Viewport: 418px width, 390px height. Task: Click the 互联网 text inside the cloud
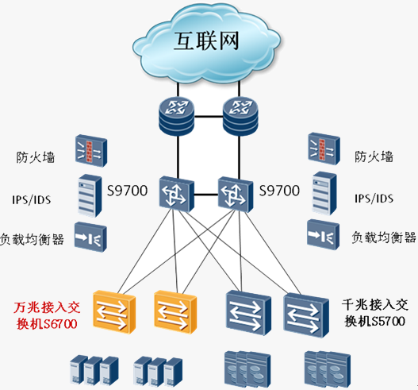pyautogui.click(x=206, y=41)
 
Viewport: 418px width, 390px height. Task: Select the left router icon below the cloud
pyautogui.click(x=176, y=116)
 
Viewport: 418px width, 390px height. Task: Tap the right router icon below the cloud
pyautogui.click(x=240, y=116)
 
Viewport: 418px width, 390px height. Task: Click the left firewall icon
pyautogui.click(x=91, y=151)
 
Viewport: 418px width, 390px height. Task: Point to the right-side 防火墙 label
pyautogui.click(x=374, y=156)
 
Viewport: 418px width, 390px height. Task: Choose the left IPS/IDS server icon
pyautogui.click(x=90, y=195)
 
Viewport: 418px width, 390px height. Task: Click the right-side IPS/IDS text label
pyautogui.click(x=374, y=199)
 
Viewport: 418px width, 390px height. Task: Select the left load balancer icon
pyautogui.click(x=90, y=237)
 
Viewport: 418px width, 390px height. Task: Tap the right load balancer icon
pyautogui.click(x=323, y=234)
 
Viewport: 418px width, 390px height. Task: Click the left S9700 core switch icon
pyautogui.click(x=176, y=194)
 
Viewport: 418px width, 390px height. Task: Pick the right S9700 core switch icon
pyautogui.click(x=236, y=195)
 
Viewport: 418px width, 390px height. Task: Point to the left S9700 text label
pyautogui.click(x=127, y=191)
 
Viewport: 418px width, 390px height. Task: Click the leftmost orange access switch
pyautogui.click(x=114, y=312)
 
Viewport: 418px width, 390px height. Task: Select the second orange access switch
pyautogui.click(x=175, y=312)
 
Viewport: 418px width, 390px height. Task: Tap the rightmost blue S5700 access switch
pyautogui.click(x=306, y=315)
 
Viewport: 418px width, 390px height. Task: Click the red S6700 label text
pyautogui.click(x=47, y=316)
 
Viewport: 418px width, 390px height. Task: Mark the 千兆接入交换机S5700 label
pyautogui.click(x=375, y=313)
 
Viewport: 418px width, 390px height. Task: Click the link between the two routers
pyautogui.click(x=208, y=117)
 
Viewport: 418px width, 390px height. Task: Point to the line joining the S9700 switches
pyautogui.click(x=206, y=195)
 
